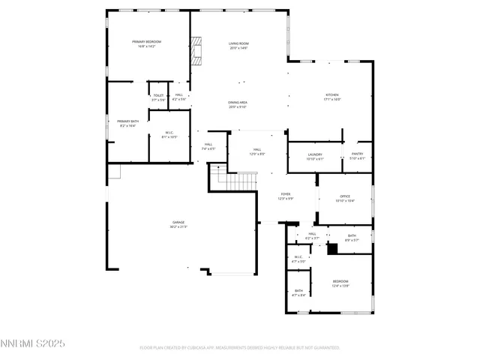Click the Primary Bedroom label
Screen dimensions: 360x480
pos(147,43)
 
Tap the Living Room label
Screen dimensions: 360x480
pos(238,46)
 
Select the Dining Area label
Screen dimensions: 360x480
pos(238,104)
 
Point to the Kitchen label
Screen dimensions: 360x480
pos(331,97)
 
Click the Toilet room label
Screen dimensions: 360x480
pos(158,97)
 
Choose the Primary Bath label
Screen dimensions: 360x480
pos(127,123)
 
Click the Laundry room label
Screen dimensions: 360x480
pos(315,156)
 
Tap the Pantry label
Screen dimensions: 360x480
pos(357,156)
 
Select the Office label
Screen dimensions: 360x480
pos(343,199)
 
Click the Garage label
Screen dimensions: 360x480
pos(178,224)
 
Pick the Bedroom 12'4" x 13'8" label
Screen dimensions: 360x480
pos(340,283)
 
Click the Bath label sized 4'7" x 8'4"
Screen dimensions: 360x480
pos(298,292)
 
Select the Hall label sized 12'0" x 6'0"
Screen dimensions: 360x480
pos(257,152)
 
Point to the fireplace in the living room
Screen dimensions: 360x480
pos(196,51)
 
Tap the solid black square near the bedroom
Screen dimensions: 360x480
pos(332,250)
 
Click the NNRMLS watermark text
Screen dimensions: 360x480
pos(33,343)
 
